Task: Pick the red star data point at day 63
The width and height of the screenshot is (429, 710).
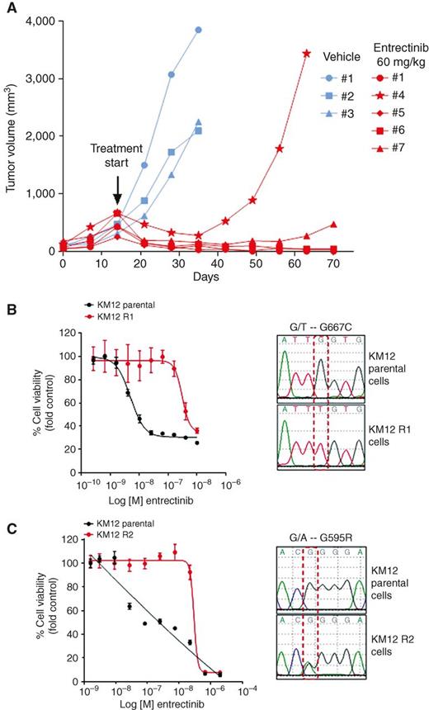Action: click(307, 54)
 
